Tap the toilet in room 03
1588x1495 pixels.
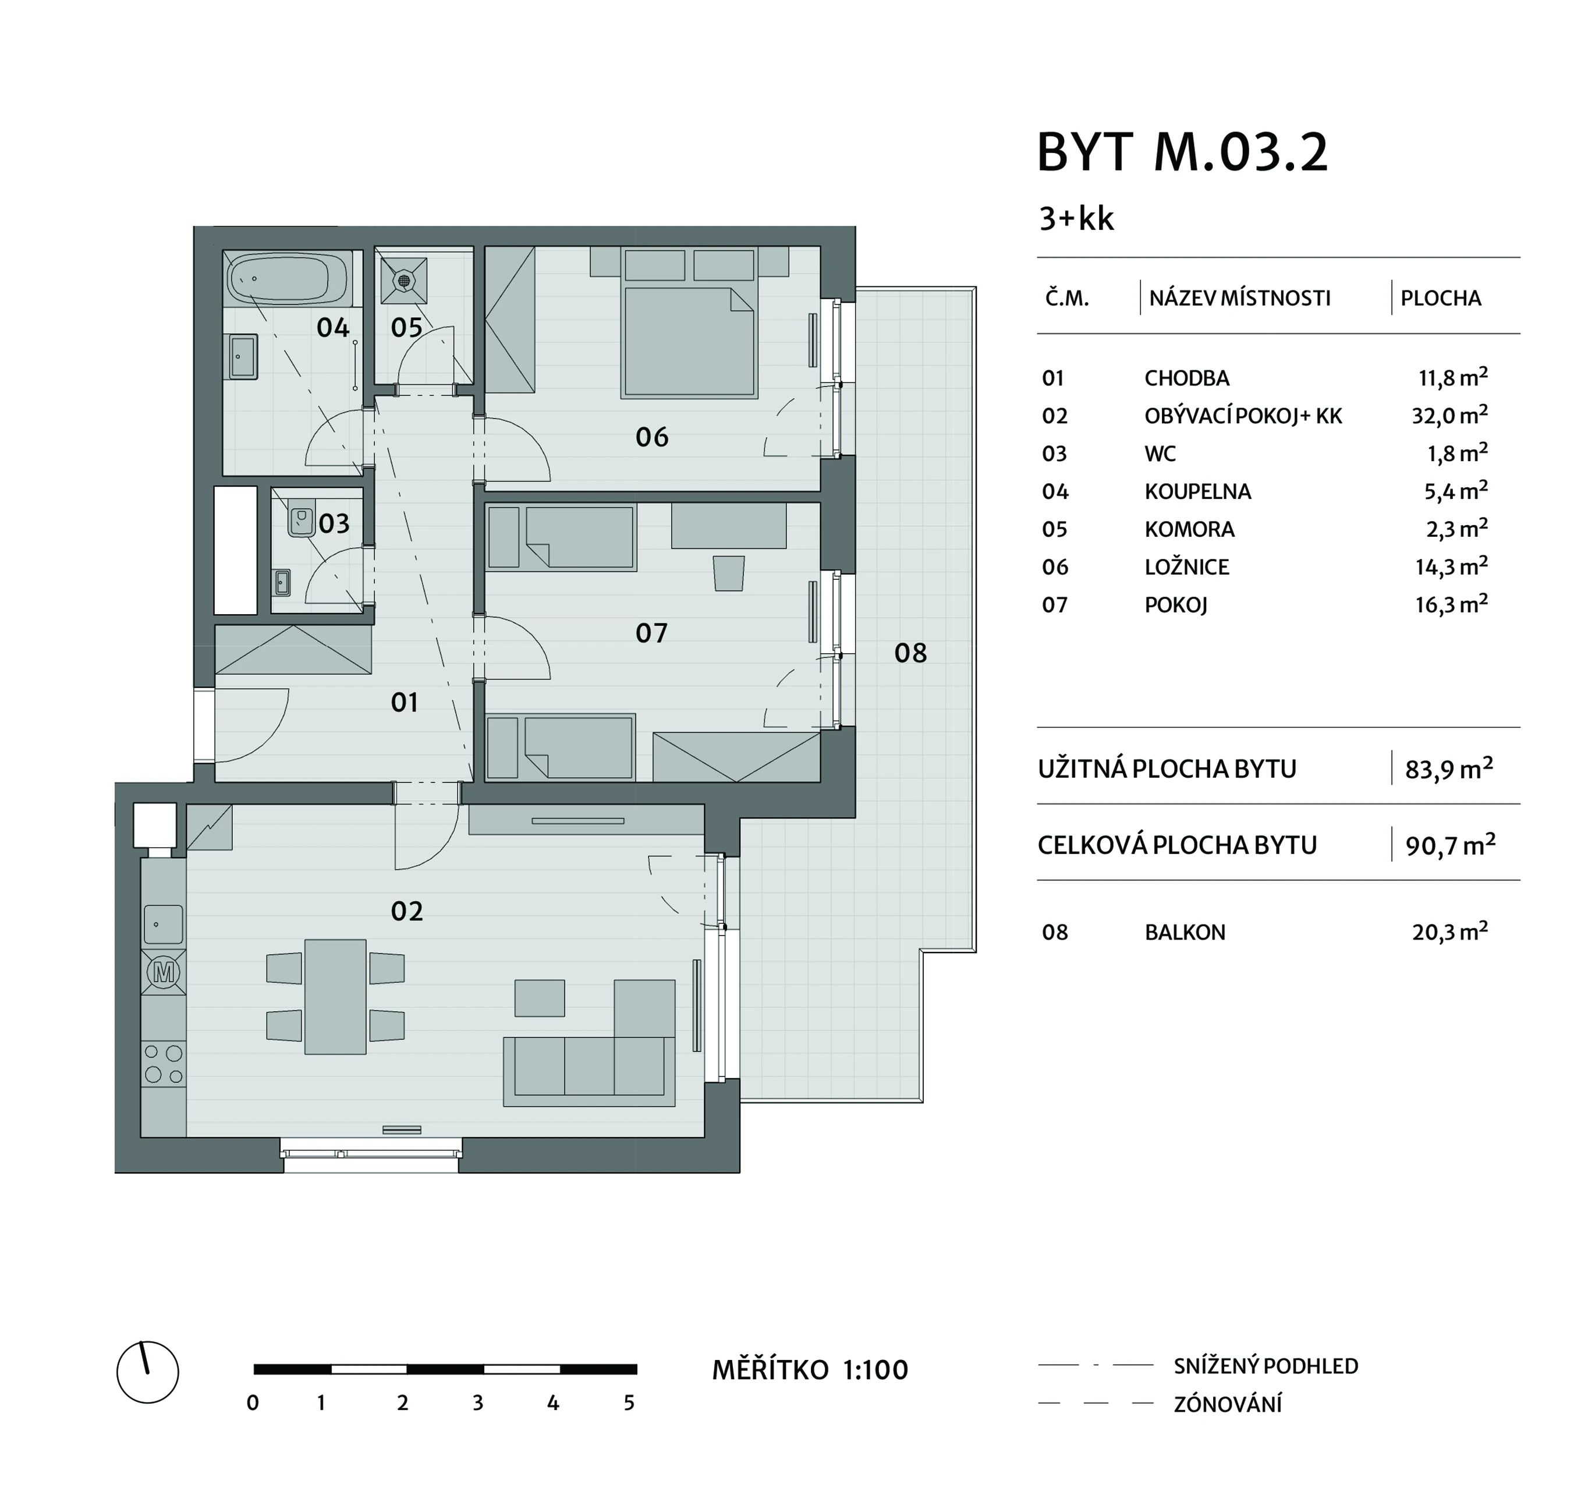click(x=301, y=521)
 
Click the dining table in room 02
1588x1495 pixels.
click(x=335, y=997)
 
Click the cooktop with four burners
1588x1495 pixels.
click(x=163, y=1064)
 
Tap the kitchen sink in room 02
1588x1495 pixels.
click(x=163, y=924)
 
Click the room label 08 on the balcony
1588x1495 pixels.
click(x=910, y=654)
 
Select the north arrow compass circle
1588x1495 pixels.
click(x=148, y=1373)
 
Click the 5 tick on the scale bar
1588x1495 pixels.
click(x=629, y=1403)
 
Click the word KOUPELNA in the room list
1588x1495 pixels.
click(x=1197, y=491)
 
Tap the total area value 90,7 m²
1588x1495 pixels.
click(x=1451, y=845)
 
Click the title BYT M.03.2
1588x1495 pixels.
click(x=1182, y=152)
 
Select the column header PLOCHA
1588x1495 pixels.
click(x=1441, y=298)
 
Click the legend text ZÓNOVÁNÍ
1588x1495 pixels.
click(x=1228, y=1404)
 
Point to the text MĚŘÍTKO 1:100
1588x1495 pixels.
click(x=810, y=1370)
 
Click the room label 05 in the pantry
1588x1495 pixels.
click(x=406, y=328)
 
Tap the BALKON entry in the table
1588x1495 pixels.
click(x=1185, y=933)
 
